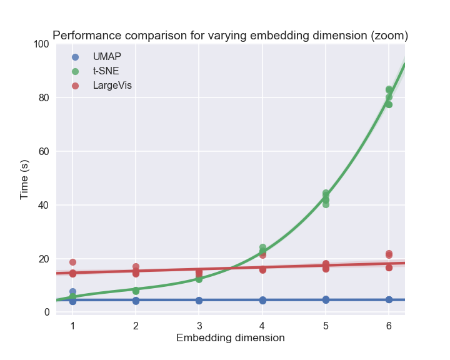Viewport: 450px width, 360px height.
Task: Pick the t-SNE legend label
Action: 106,71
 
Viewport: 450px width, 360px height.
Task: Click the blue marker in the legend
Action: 75,56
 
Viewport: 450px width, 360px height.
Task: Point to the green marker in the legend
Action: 75,71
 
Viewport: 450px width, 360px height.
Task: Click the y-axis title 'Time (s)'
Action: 24,179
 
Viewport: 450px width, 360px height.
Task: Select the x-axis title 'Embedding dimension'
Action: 230,338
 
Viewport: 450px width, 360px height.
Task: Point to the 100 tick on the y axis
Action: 41,44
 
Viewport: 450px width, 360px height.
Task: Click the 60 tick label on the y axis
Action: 44,151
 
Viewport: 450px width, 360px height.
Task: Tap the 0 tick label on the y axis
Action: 46,312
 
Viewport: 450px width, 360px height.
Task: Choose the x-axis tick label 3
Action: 199,326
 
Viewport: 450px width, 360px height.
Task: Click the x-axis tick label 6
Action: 389,326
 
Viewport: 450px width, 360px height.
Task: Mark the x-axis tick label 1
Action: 72,326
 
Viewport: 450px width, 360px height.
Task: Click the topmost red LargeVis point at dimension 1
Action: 72,262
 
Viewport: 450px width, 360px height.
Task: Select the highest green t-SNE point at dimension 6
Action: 389,89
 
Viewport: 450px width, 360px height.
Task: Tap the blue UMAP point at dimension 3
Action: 199,301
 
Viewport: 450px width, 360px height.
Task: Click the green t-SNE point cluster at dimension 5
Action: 326,197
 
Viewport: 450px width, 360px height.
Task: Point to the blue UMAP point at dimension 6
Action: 389,300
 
